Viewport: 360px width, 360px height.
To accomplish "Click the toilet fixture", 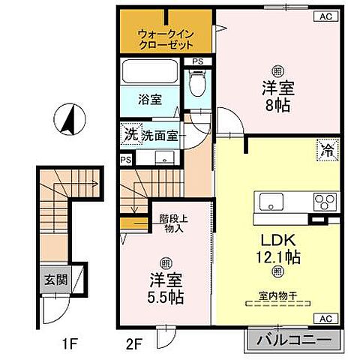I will (197, 83).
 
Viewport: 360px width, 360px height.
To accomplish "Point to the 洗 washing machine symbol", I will (131, 136).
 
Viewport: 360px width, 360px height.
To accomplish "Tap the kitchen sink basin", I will (271, 202).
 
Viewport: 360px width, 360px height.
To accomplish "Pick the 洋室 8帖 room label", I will (277, 96).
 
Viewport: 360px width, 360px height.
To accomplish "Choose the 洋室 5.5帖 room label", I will (167, 288).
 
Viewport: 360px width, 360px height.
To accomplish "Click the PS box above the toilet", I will (197, 61).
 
